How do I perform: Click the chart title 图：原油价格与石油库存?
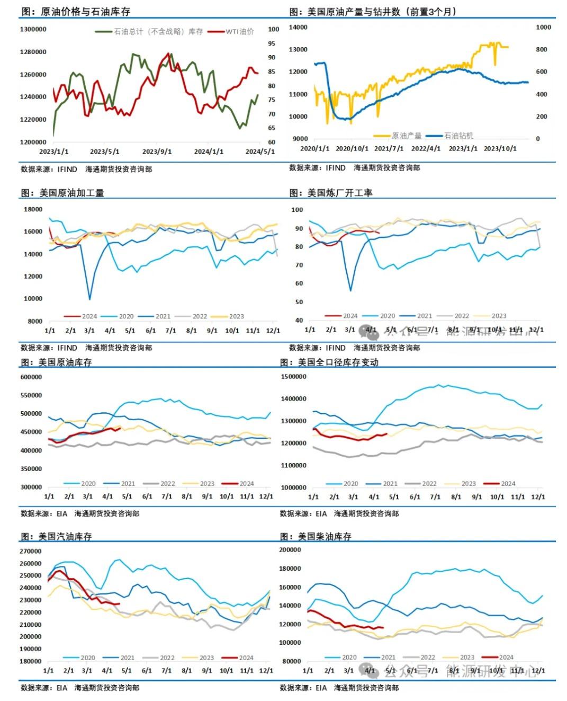point(75,11)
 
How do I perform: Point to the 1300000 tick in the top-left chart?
point(33,30)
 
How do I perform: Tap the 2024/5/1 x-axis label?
point(260,152)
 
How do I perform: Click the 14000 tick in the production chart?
point(298,27)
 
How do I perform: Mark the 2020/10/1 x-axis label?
point(353,148)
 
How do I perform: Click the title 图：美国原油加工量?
point(62,193)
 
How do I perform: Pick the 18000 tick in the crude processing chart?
point(33,209)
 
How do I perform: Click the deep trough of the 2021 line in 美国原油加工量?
point(89,299)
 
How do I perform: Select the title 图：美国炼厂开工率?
point(331,193)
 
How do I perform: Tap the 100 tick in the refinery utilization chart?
point(297,210)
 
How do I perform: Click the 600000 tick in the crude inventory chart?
point(31,377)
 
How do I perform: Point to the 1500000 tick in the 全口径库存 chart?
point(294,377)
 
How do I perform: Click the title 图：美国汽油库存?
point(56,536)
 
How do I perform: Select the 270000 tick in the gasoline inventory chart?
point(31,552)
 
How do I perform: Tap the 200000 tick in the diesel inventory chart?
point(290,550)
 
